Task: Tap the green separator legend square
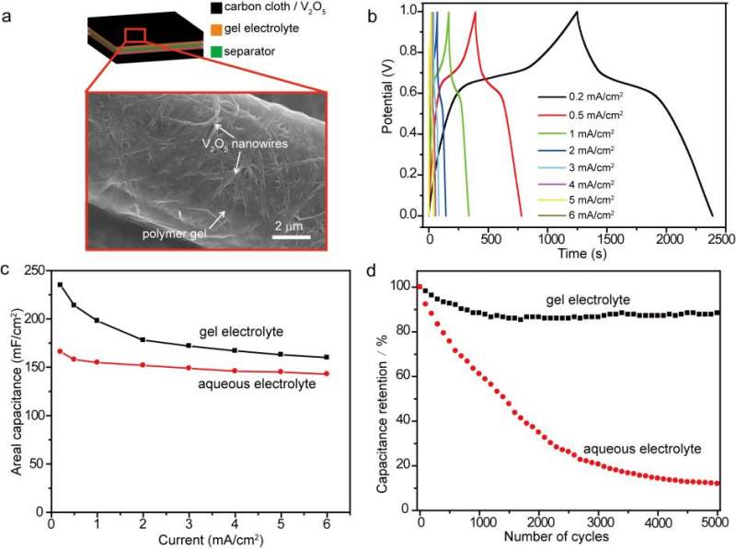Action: pos(217,51)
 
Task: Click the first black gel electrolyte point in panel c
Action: pos(61,285)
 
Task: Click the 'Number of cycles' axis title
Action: pos(569,537)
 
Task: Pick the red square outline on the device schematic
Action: pos(134,35)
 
